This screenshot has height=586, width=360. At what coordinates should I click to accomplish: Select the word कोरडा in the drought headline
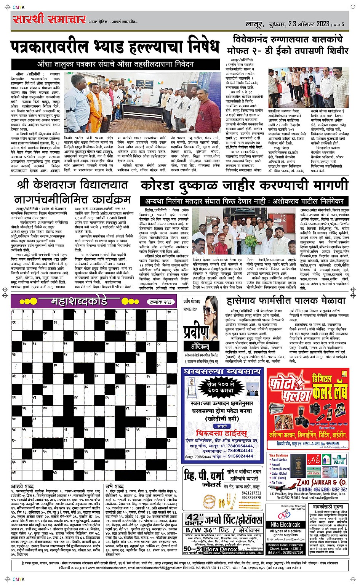162,186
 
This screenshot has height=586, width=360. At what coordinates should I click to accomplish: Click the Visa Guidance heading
278,455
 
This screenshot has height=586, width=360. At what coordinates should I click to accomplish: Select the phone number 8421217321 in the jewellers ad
251,493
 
